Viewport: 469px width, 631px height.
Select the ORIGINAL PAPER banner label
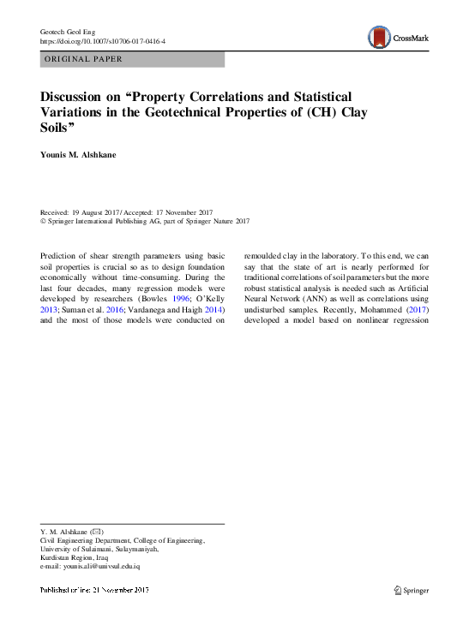(x=81, y=59)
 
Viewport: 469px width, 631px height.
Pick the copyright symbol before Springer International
(x=44, y=221)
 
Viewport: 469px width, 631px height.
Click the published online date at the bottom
(x=95, y=590)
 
